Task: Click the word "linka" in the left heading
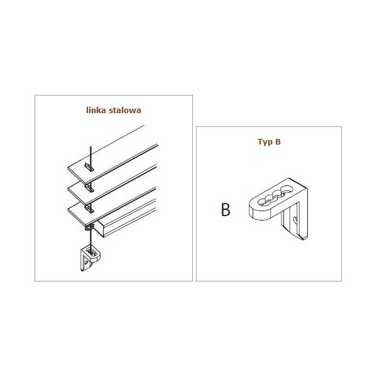tap(96, 109)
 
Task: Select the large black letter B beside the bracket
tap(226, 210)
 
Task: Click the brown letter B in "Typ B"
tap(278, 142)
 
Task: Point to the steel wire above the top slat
tap(90, 154)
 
